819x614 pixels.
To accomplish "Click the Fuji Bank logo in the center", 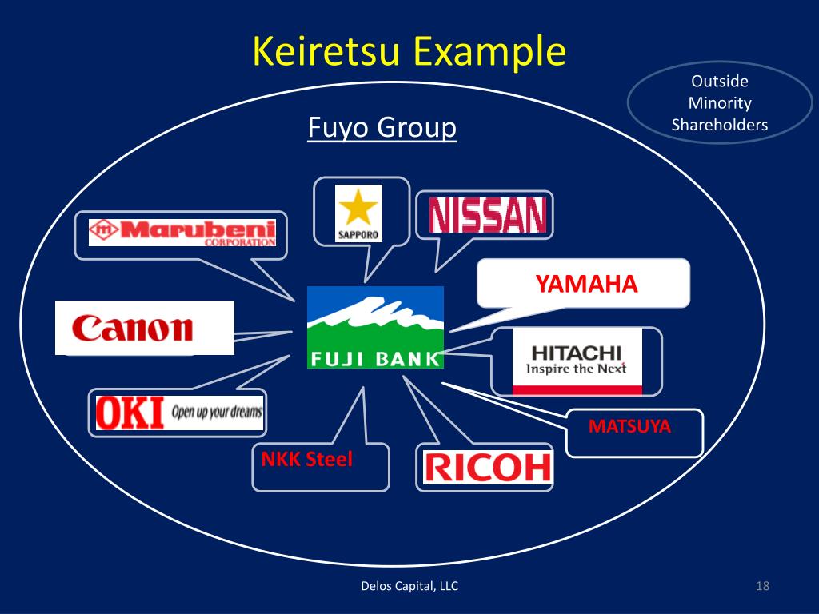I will (x=375, y=327).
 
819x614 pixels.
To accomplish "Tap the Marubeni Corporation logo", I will (x=182, y=232).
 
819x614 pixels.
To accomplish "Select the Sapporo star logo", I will (x=358, y=213).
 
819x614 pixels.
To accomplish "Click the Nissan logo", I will (x=487, y=215).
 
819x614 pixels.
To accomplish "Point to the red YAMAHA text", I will (x=586, y=284).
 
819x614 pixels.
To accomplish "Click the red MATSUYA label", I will (x=629, y=427).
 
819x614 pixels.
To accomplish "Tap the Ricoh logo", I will (x=487, y=467).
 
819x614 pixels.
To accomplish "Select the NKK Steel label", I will (x=306, y=460).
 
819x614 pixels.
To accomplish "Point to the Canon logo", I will (x=133, y=328).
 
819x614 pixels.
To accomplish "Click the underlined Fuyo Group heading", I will (x=382, y=127).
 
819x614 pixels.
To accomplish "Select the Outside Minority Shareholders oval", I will (x=719, y=102).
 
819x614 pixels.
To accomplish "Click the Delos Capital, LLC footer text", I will (x=409, y=587).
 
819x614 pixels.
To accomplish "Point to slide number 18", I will (x=761, y=587).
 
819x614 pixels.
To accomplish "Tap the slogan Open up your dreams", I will (x=216, y=413).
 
